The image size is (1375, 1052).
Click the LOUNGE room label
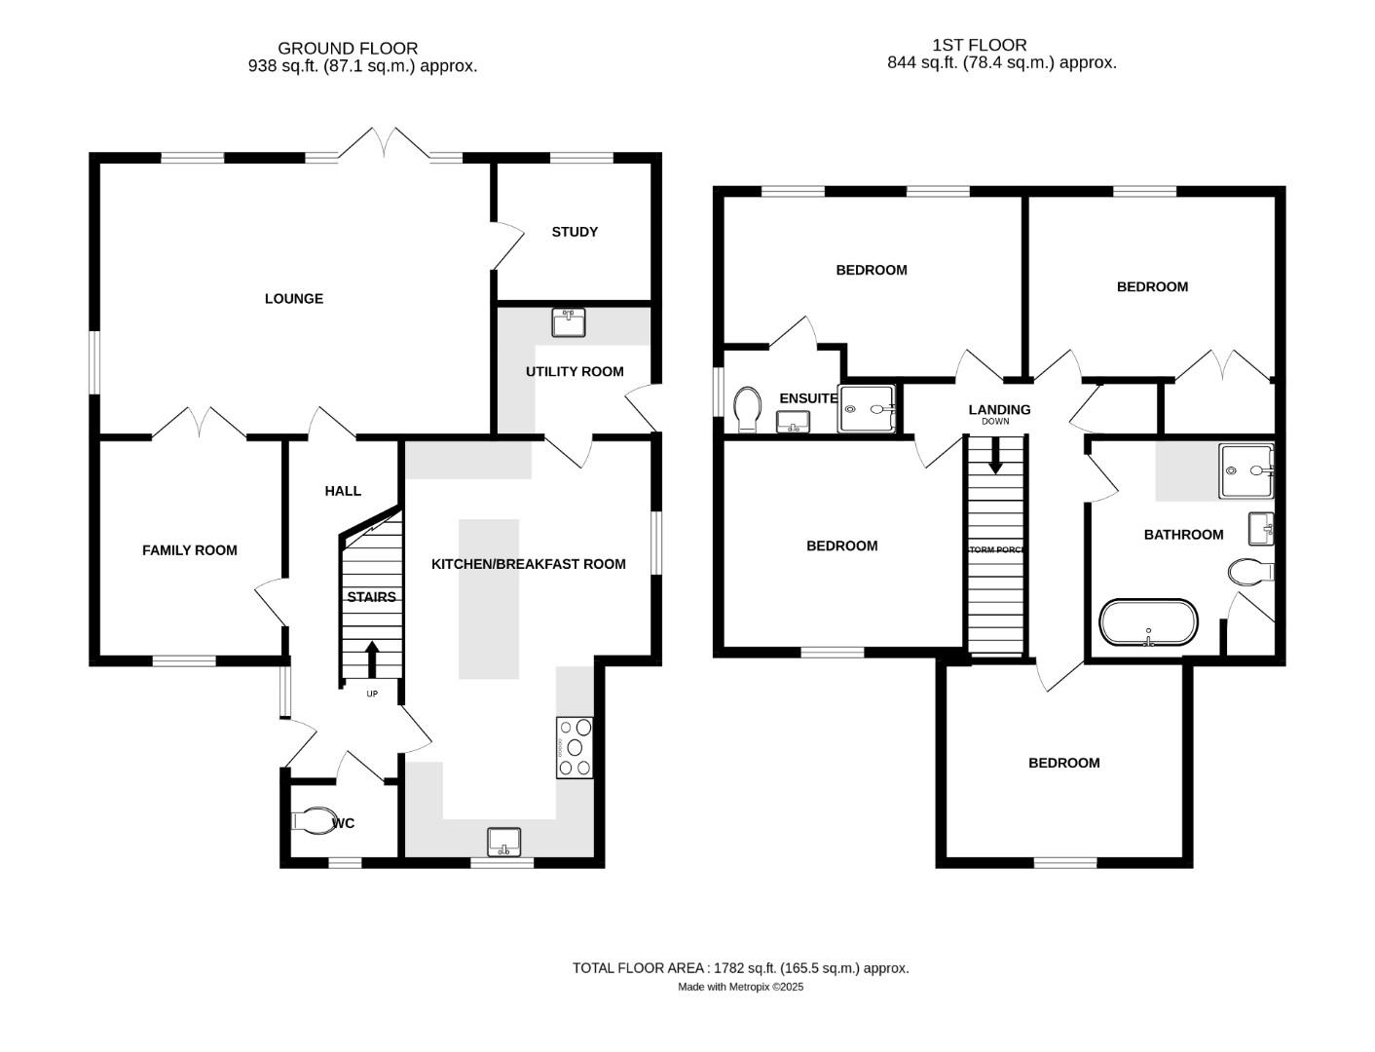click(x=293, y=299)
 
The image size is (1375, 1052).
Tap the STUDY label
click(x=575, y=232)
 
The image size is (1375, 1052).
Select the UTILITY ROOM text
click(x=575, y=371)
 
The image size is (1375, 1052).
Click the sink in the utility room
click(x=568, y=321)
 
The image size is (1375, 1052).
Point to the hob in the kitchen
click(x=575, y=747)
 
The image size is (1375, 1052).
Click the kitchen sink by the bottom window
click(x=503, y=842)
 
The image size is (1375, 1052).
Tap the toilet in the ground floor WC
click(x=315, y=821)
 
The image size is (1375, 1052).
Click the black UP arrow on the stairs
click(x=372, y=657)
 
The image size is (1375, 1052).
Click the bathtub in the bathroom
click(x=1148, y=622)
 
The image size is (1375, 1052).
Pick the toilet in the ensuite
click(x=748, y=409)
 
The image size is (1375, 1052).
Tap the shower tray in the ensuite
click(x=866, y=409)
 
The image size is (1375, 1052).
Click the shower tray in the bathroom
click(x=1245, y=471)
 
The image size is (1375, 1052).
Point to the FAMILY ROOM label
click(x=190, y=550)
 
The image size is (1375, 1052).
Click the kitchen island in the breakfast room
click(x=489, y=598)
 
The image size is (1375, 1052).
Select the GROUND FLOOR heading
click(x=348, y=48)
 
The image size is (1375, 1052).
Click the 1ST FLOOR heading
click(x=979, y=45)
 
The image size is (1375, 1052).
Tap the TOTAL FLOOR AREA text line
click(x=740, y=968)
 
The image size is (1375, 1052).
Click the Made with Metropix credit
click(x=740, y=987)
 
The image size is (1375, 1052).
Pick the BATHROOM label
click(x=1183, y=535)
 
